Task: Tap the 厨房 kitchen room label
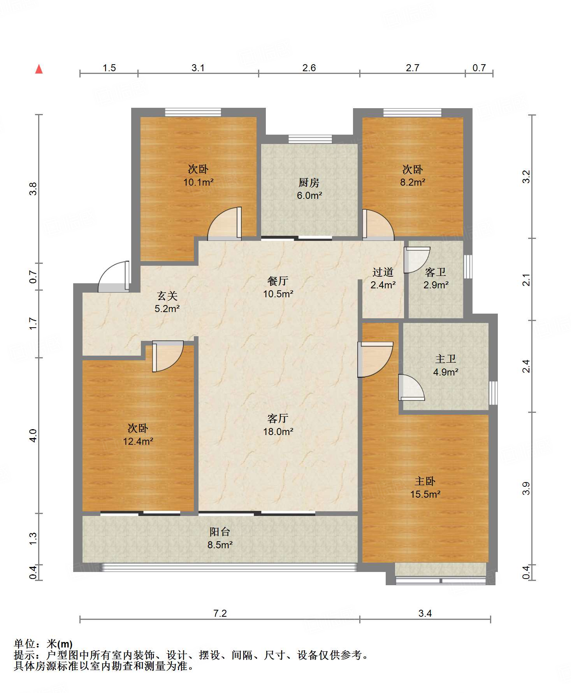pos(309,182)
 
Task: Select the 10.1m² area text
pos(199,182)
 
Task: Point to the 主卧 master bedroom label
pos(425,481)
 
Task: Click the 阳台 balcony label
pos(220,532)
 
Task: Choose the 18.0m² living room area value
pos(278,432)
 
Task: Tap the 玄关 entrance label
pos(167,296)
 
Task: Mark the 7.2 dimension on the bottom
pos(220,614)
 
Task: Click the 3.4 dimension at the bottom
pos(425,614)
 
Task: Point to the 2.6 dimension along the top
pos(309,68)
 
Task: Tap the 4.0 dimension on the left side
pos(33,435)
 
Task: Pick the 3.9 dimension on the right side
pos(526,488)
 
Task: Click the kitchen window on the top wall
pos(310,139)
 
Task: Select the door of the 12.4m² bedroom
pos(167,356)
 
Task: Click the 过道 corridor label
pos(383,272)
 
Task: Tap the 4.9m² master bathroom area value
pos(446,372)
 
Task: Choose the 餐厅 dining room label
pos(278,281)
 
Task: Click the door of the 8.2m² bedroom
pos(378,224)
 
